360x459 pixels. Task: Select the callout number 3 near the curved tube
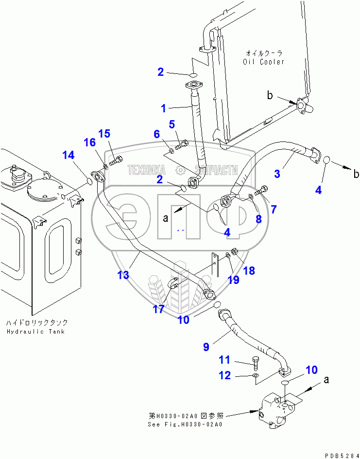pyautogui.click(x=277, y=173)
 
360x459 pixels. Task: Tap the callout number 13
pyautogui.click(x=123, y=275)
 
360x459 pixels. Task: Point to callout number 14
pyautogui.click(x=69, y=156)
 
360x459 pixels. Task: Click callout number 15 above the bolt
pyautogui.click(x=104, y=134)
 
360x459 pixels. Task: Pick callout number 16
pyautogui.click(x=90, y=142)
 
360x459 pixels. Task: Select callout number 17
pyautogui.click(x=159, y=309)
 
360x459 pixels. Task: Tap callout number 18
pyautogui.click(x=249, y=271)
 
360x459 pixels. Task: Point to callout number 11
pyautogui.click(x=224, y=360)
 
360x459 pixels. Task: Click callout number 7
pyautogui.click(x=274, y=209)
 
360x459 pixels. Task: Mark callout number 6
pyautogui.click(x=157, y=134)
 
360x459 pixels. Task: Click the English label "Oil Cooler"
pyautogui.click(x=263, y=62)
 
